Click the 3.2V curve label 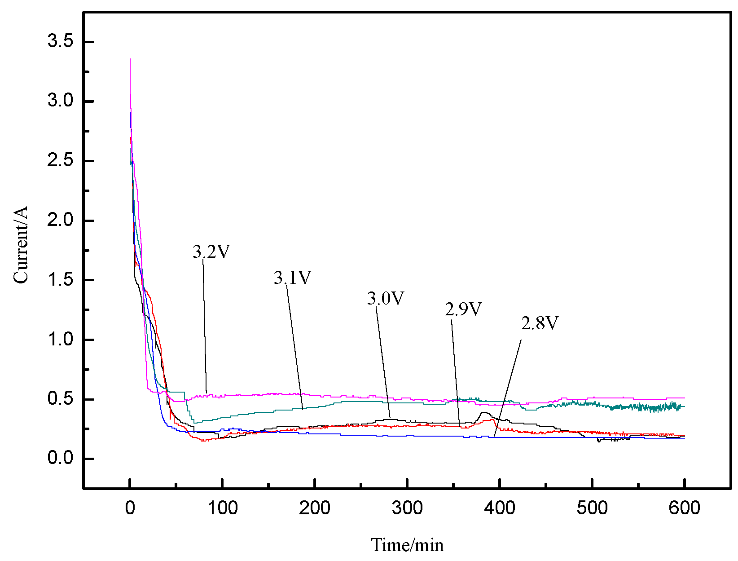point(211,252)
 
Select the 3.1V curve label point(292,278)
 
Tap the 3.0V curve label point(386,299)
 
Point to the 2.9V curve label point(463,309)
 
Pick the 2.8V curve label point(540,323)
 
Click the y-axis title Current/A point(21,245)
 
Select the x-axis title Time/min point(407,545)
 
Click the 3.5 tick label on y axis point(60,41)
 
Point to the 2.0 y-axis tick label point(60,220)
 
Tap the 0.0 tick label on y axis point(60,458)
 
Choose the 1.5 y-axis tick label point(60,280)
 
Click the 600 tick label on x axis point(684,508)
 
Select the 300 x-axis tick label point(407,508)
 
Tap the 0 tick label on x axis point(130,508)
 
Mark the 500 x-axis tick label point(592,508)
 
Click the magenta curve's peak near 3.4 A point(130,60)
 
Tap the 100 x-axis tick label point(223,508)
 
